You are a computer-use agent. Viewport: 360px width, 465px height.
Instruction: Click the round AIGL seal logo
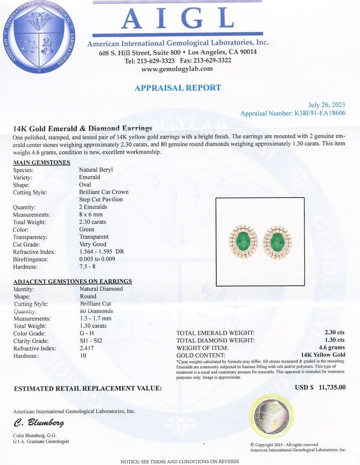pyautogui.click(x=39, y=37)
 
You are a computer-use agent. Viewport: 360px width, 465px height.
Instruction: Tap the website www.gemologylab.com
pyautogui.click(x=177, y=69)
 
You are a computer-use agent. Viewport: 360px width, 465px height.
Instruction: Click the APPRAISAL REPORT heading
pyautogui.click(x=177, y=88)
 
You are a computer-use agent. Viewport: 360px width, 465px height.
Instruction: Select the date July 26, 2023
pyautogui.click(x=327, y=105)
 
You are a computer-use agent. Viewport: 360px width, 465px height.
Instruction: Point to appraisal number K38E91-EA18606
pyautogui.click(x=319, y=113)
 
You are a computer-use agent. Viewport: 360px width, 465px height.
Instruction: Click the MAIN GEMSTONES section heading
pyautogui.click(x=42, y=162)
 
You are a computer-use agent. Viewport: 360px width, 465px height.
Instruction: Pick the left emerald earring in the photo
pyautogui.click(x=243, y=243)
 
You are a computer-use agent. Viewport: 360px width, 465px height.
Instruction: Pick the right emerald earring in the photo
pyautogui.click(x=277, y=243)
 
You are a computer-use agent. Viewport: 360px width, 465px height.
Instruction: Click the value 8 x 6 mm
pyautogui.click(x=91, y=214)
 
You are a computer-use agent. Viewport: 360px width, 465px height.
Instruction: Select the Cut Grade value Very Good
pyautogui.click(x=93, y=244)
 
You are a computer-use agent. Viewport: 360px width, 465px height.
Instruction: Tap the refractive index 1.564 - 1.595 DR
pyautogui.click(x=101, y=252)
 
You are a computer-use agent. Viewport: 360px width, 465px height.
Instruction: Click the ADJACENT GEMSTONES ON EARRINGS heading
pyautogui.click(x=73, y=281)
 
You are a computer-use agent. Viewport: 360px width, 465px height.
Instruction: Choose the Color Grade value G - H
pyautogui.click(x=87, y=334)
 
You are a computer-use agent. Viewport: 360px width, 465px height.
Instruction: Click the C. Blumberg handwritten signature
pyautogui.click(x=39, y=423)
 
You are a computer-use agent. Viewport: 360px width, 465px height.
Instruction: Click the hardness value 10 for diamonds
pyautogui.click(x=83, y=356)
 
